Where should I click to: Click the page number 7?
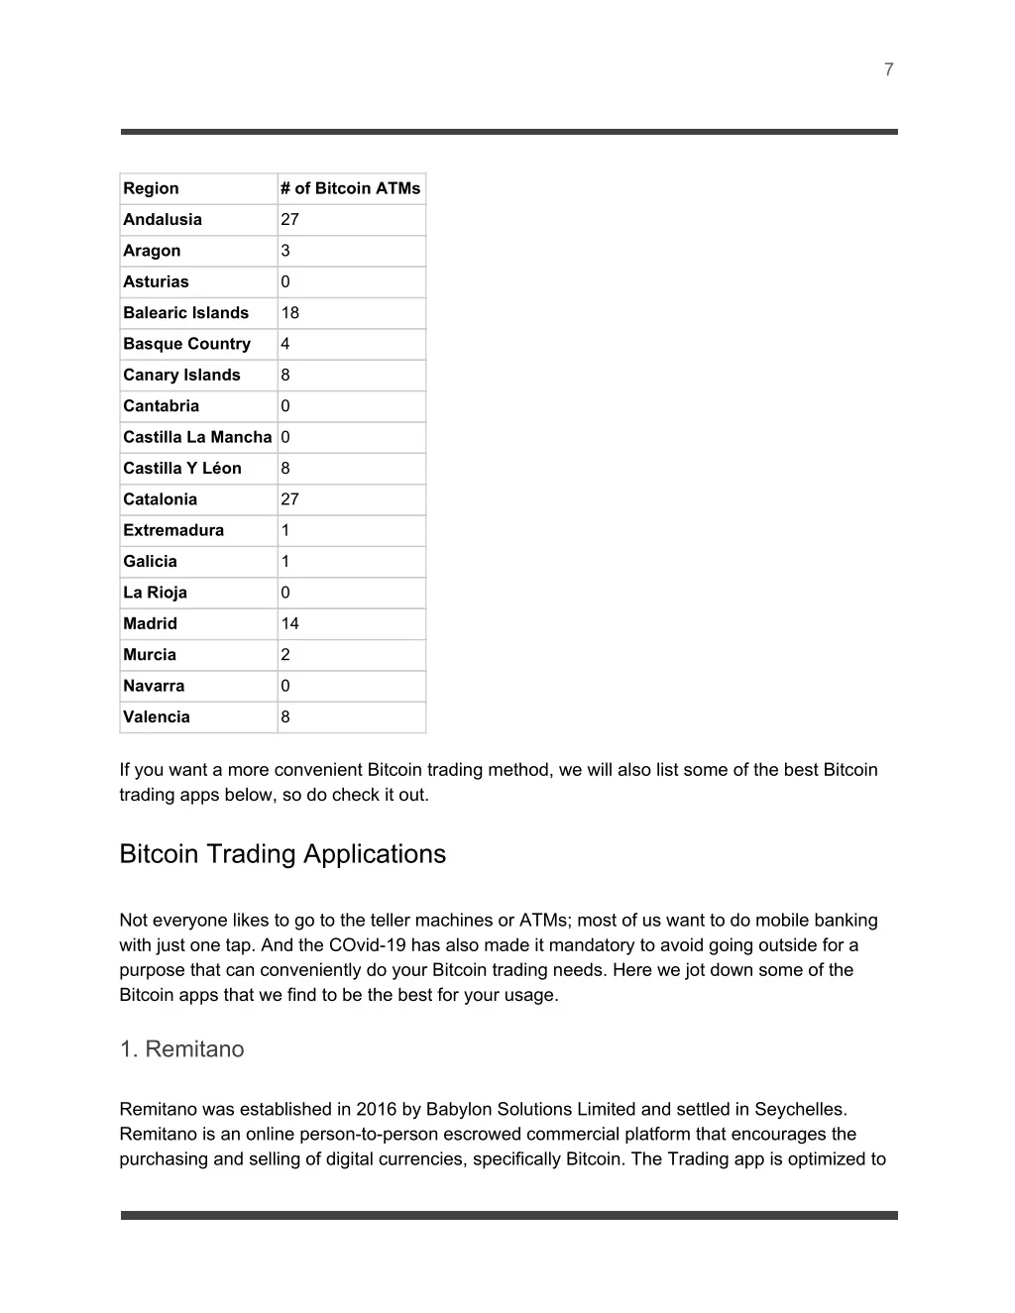pyautogui.click(x=888, y=69)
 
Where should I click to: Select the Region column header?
pyautogui.click(x=151, y=188)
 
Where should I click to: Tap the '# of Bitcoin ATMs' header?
pyautogui.click(x=350, y=188)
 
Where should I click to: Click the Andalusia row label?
pyautogui.click(x=163, y=219)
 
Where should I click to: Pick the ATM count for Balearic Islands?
pyautogui.click(x=289, y=312)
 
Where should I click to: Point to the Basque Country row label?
pyautogui.click(x=186, y=344)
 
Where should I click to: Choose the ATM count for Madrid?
pyautogui.click(x=289, y=623)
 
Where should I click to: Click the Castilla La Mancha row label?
pyautogui.click(x=197, y=437)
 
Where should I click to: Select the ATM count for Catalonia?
pyautogui.click(x=289, y=499)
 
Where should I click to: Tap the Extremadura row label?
pyautogui.click(x=173, y=530)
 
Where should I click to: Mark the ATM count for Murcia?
pyautogui.click(x=285, y=654)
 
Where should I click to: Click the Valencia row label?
pyautogui.click(x=157, y=716)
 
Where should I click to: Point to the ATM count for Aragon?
pyautogui.click(x=285, y=251)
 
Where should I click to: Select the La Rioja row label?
pyautogui.click(x=155, y=593)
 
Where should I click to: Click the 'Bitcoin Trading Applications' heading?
pyautogui.click(x=282, y=854)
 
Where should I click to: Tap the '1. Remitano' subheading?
pyautogui.click(x=181, y=1049)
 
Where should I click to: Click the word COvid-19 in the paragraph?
pyautogui.click(x=366, y=945)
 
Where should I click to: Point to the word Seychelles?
pyautogui.click(x=801, y=1110)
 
